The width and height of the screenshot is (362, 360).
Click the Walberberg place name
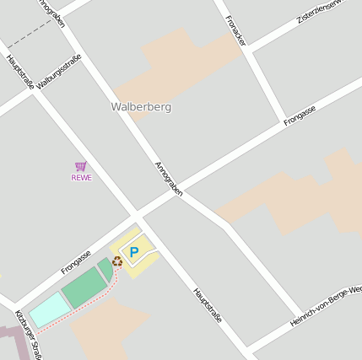pyautogui.click(x=141, y=107)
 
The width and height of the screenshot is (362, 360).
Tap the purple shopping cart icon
pyautogui.click(x=81, y=166)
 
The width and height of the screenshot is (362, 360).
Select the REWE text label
pyautogui.click(x=81, y=177)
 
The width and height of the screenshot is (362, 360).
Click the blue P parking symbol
pyautogui.click(x=133, y=251)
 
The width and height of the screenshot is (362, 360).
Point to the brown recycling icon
pyautogui.click(x=117, y=261)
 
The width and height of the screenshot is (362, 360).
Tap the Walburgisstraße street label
pyautogui.click(x=58, y=71)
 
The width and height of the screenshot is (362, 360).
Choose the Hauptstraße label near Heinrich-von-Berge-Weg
pyautogui.click(x=207, y=305)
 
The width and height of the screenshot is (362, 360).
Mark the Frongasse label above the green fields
pyautogui.click(x=75, y=262)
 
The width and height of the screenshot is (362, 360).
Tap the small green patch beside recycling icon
pyautogui.click(x=105, y=269)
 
